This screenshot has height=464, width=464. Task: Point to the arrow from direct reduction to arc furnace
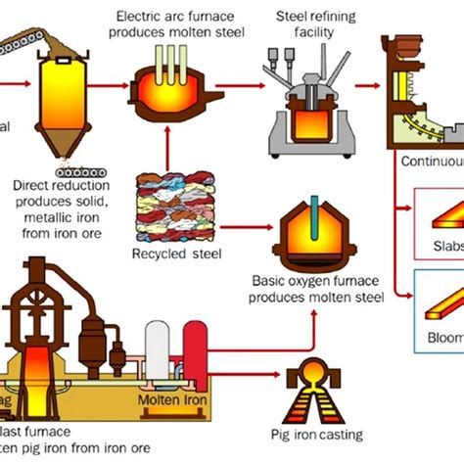click(118, 85)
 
